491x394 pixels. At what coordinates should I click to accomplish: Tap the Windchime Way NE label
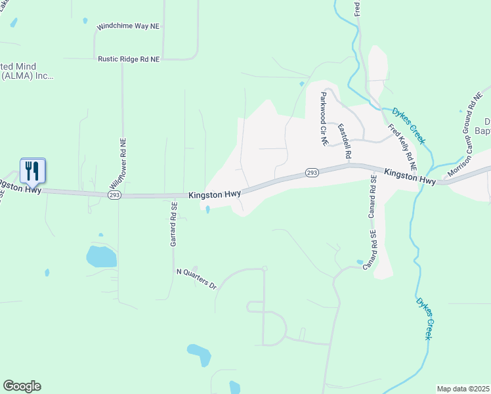point(128,27)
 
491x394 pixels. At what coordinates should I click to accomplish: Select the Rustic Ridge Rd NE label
point(129,59)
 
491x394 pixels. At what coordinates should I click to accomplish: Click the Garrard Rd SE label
point(174,224)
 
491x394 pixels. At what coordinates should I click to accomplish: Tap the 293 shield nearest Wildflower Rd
point(114,195)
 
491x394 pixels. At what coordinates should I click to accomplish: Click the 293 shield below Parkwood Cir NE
point(312,173)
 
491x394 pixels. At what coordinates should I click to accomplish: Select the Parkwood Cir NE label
point(323,118)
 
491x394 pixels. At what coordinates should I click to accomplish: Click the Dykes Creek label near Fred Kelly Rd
point(409,126)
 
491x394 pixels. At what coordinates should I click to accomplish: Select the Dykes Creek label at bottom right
point(424,318)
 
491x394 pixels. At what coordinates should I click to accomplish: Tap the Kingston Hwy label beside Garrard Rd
point(215,194)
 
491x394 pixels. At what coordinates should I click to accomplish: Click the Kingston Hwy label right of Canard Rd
point(410,177)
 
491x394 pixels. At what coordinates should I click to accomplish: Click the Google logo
point(22,386)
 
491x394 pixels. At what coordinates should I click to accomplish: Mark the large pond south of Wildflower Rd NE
point(101,256)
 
